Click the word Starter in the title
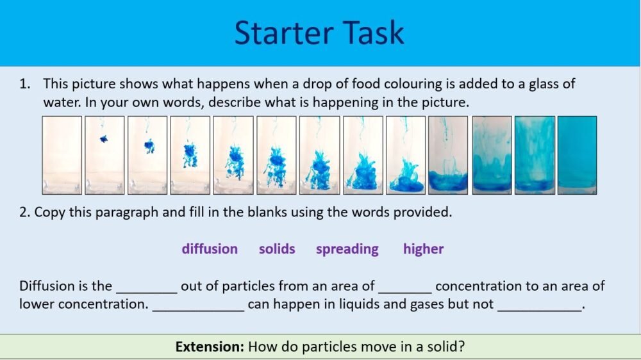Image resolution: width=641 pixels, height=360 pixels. tap(281, 33)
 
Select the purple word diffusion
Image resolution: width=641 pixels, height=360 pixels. tap(210, 249)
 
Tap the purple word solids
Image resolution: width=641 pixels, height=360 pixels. tap(277, 249)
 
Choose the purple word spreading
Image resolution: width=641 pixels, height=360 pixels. tap(347, 249)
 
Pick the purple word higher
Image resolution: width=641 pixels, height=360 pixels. tap(423, 249)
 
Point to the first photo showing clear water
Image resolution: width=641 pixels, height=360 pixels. tap(62, 154)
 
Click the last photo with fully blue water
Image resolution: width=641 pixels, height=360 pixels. tap(577, 154)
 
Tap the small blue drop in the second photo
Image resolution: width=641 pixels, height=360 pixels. tap(103, 138)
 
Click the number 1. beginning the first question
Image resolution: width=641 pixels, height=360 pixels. tap(25, 84)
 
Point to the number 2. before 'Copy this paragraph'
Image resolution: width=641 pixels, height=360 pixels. tap(24, 213)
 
